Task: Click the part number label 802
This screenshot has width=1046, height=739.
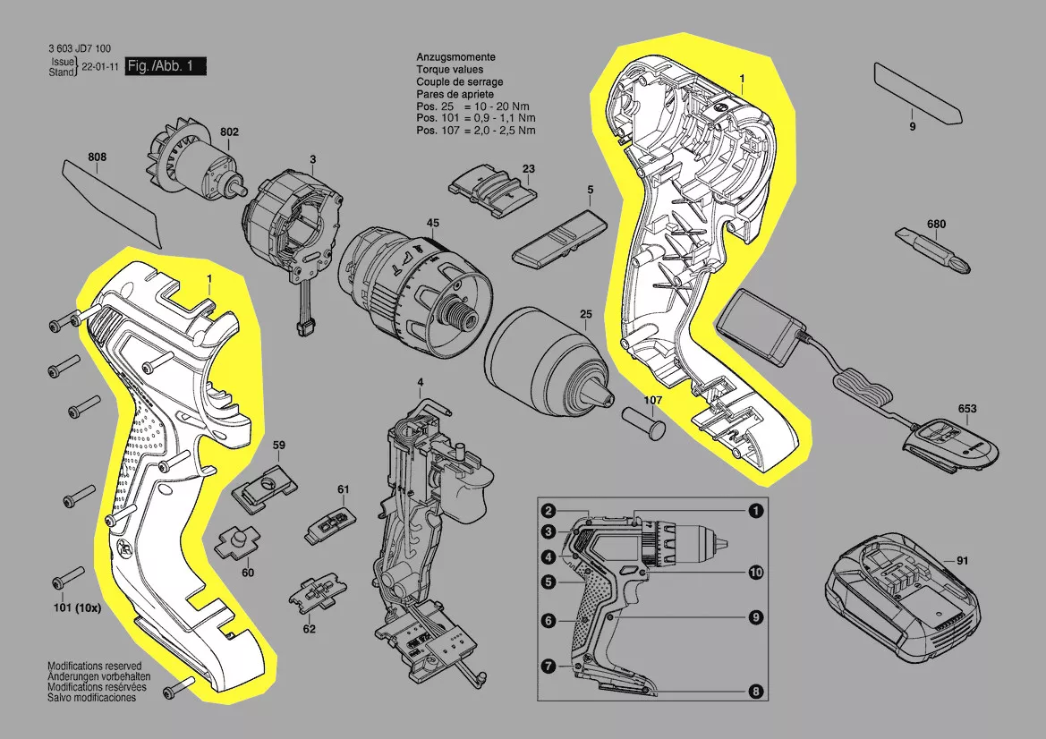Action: click(x=229, y=132)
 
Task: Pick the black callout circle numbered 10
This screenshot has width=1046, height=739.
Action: click(x=755, y=572)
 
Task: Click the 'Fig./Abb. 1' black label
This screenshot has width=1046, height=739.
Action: click(x=166, y=66)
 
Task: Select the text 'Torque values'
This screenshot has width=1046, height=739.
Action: click(x=449, y=70)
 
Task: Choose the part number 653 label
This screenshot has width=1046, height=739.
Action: click(x=967, y=409)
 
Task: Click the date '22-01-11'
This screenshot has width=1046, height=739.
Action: click(x=99, y=67)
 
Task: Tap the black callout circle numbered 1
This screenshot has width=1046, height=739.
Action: click(x=755, y=511)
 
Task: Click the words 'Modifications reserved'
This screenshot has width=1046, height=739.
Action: click(x=94, y=667)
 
